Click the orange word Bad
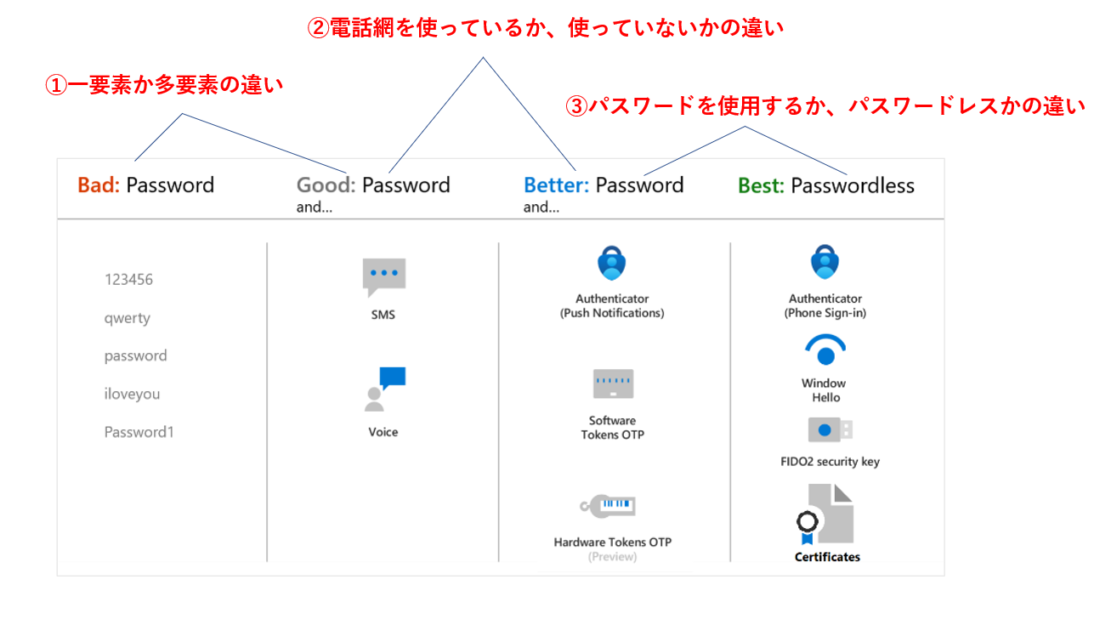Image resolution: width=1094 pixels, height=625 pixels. click(98, 185)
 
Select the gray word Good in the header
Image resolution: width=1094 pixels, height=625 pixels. click(326, 185)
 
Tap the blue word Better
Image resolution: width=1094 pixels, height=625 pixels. click(556, 185)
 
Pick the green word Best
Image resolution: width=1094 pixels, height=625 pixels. click(761, 185)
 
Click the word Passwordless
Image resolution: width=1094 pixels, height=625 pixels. click(853, 185)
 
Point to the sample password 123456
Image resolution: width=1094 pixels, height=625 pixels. click(128, 280)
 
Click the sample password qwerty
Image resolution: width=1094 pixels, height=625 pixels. click(127, 318)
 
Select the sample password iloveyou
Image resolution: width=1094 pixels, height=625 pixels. click(132, 394)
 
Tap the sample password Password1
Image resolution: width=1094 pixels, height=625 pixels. click(139, 432)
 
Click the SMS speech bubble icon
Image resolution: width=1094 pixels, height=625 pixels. click(384, 277)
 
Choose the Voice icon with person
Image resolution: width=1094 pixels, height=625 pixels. click(385, 389)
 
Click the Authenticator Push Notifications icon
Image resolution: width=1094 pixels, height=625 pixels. click(611, 263)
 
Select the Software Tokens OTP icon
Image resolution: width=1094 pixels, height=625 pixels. click(613, 384)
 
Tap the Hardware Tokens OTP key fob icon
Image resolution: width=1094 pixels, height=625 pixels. click(608, 506)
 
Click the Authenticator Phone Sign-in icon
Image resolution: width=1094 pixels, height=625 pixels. click(825, 262)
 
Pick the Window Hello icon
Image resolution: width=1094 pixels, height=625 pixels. click(825, 349)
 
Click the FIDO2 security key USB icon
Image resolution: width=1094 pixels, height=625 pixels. click(830, 430)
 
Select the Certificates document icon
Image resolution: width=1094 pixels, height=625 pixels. click(825, 514)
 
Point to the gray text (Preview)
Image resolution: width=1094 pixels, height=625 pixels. click(612, 557)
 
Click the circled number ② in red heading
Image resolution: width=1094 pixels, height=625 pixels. click(318, 28)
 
